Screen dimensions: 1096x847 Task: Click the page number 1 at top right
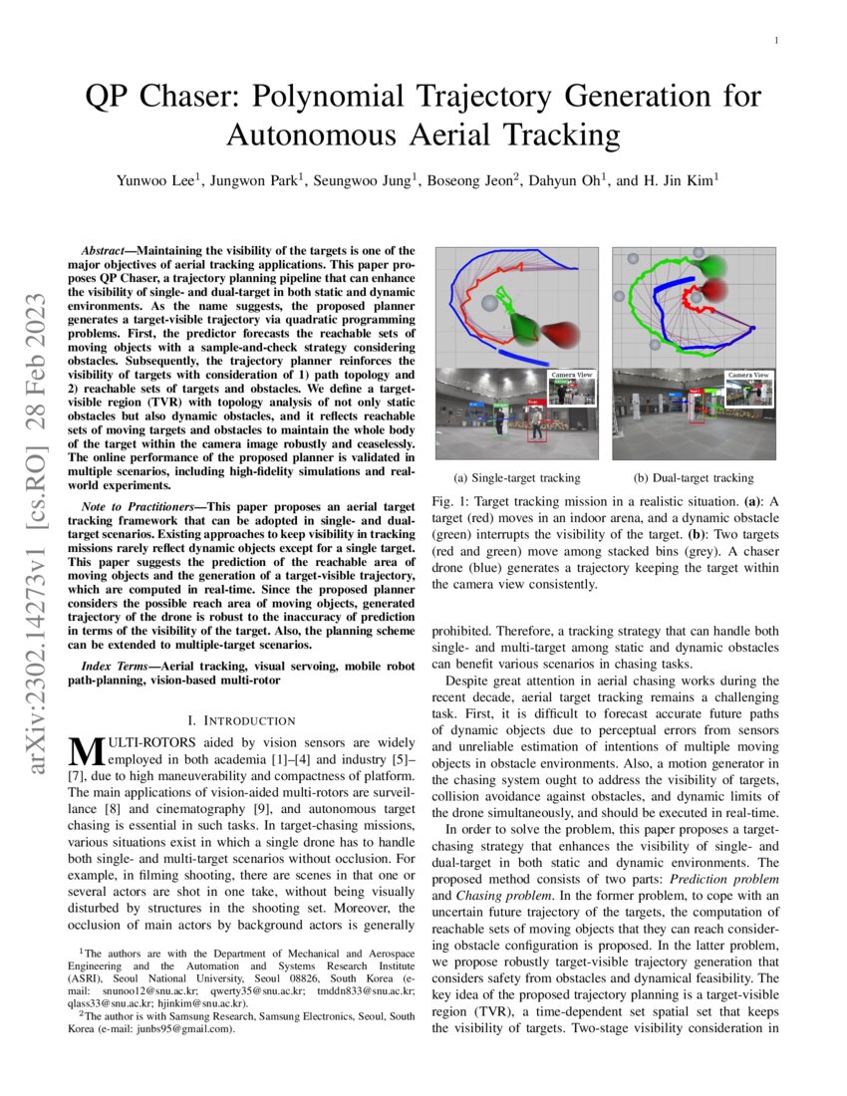(x=775, y=40)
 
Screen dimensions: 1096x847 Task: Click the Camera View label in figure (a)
(x=572, y=374)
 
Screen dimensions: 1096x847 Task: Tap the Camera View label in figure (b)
(x=747, y=374)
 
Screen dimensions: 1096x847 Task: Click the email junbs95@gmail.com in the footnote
(x=171, y=1029)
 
